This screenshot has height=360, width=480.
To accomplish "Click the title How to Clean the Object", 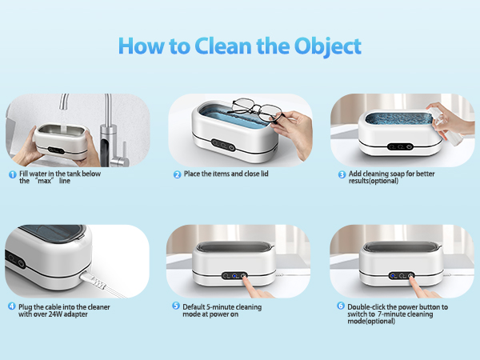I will point(240,46).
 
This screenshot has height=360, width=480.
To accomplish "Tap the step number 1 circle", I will point(13,174).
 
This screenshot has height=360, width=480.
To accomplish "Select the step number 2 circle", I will point(178,174).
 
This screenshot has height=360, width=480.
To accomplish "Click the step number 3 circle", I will point(342,174).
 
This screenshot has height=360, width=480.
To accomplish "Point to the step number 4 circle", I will point(13,306).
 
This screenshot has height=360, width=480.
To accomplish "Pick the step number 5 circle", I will point(178,306).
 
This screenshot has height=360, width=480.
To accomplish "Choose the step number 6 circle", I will point(342,306).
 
